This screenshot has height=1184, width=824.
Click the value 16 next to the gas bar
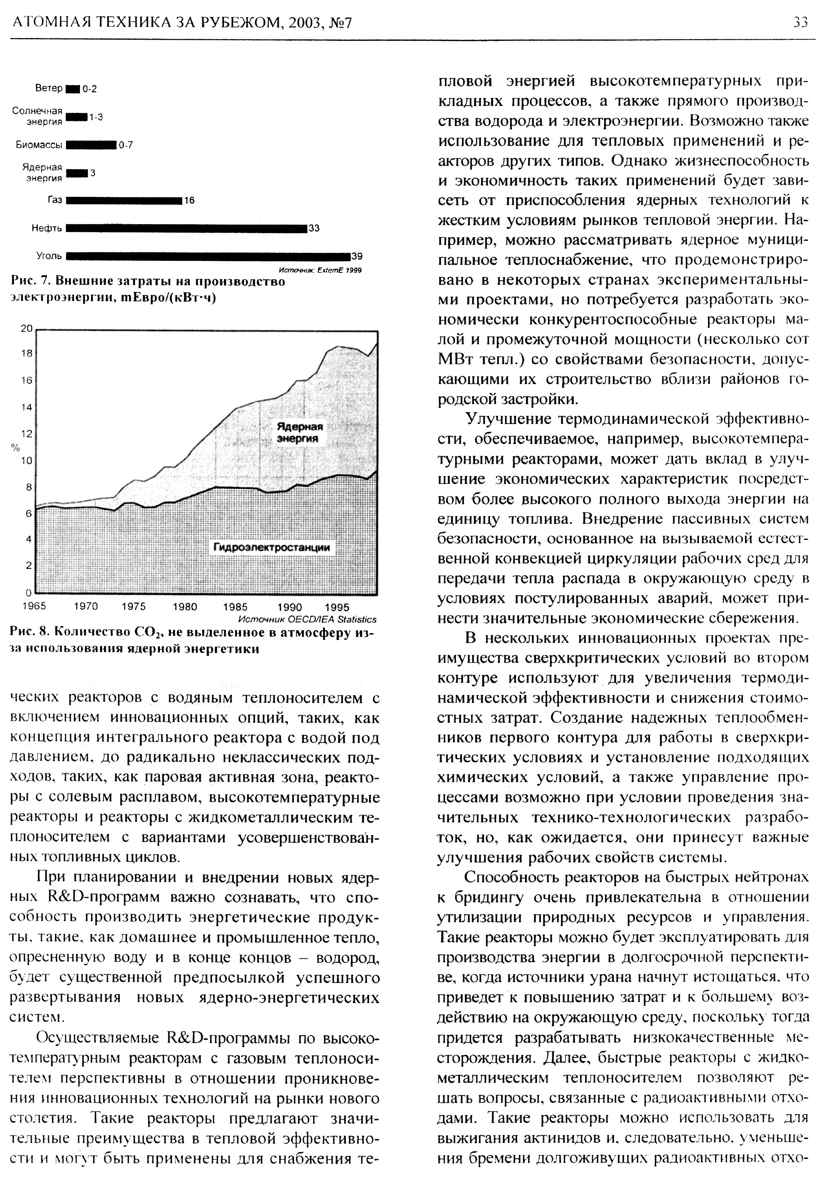tap(189, 201)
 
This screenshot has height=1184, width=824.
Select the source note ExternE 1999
tap(320, 270)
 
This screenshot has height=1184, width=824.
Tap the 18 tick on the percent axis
tap(26, 353)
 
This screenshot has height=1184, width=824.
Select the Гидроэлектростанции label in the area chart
tap(272, 547)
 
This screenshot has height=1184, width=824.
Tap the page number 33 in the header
tap(800, 22)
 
